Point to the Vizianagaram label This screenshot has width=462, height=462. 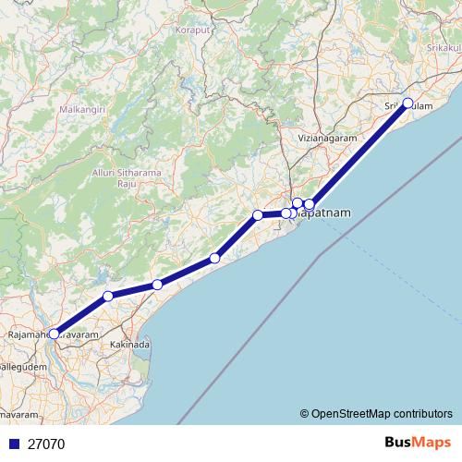tap(326, 139)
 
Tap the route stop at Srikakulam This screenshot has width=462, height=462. tap(407, 103)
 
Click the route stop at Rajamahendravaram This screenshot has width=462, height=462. tap(54, 334)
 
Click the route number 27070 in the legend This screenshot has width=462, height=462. tap(45, 444)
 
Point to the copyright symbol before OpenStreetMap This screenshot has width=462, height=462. tap(304, 413)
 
